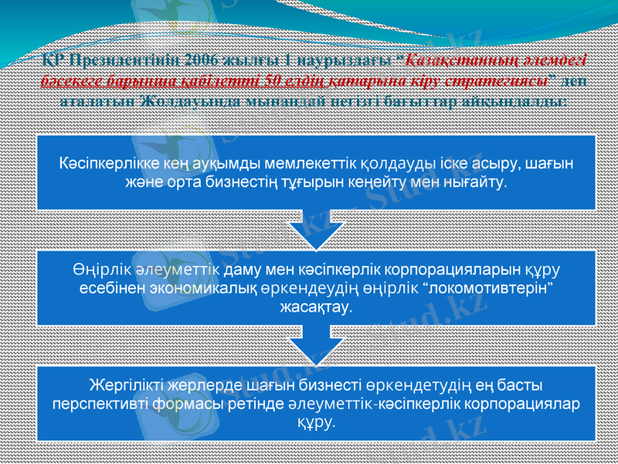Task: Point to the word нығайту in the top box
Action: tap(478, 183)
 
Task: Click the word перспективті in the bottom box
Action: tap(96, 403)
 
